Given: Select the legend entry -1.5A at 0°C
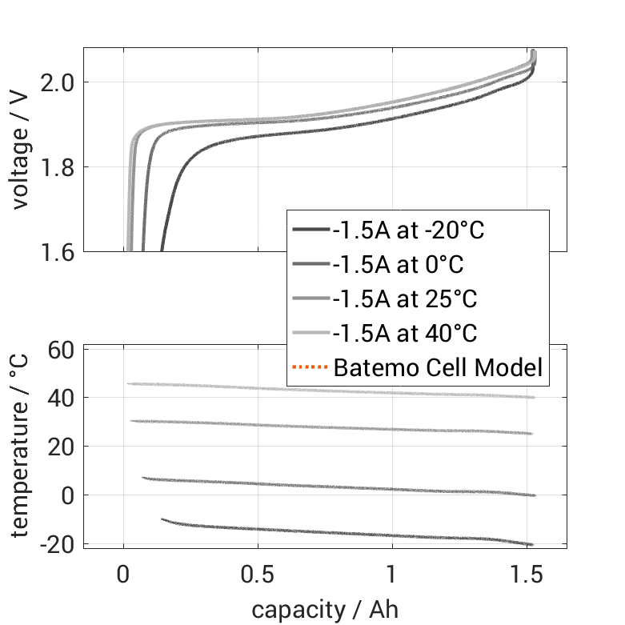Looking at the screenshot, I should tap(398, 265).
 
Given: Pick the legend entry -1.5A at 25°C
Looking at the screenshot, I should tap(404, 299).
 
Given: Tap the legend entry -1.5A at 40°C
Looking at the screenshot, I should tap(404, 334).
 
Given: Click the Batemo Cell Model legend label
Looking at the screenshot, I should tap(438, 368).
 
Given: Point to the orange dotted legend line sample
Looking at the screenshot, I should tap(310, 368).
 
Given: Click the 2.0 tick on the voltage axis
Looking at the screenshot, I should tap(58, 82).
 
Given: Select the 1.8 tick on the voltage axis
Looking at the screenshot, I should tap(58, 167).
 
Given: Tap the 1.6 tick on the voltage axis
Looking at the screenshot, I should tap(58, 252).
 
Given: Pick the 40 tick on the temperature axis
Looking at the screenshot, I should tap(62, 398).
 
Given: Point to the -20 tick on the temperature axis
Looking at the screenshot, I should tap(56, 544).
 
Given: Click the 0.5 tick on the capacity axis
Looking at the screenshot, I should tap(258, 576).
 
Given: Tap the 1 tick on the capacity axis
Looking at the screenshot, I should tap(392, 576).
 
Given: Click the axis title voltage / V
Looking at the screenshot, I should tap(21, 150).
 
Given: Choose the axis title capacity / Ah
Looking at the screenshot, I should tap(325, 610).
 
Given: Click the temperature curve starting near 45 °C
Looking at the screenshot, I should tap(320, 390).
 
